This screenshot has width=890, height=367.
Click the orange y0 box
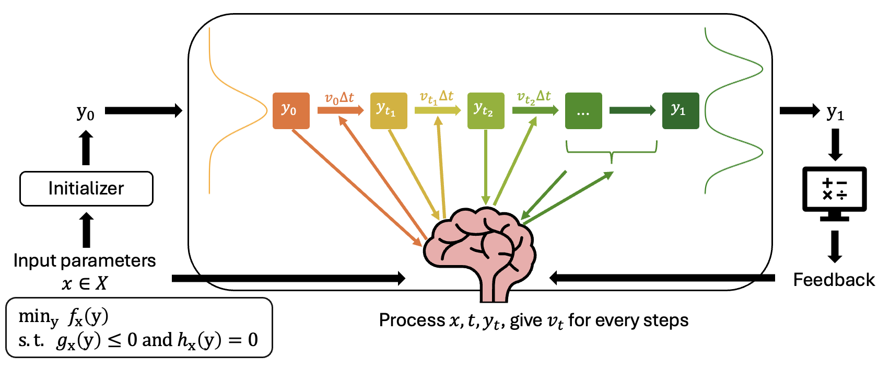tap(291, 110)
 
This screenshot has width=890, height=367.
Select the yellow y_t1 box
tap(388, 110)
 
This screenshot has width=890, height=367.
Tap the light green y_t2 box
tap(485, 110)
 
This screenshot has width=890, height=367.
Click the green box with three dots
tap(583, 111)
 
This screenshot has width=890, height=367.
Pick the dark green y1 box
tap(680, 110)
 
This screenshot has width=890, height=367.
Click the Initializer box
tap(86, 188)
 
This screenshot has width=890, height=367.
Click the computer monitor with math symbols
tap(834, 191)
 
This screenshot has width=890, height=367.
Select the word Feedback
tap(834, 280)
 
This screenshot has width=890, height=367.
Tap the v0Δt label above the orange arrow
tap(339, 98)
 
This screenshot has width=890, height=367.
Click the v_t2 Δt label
tap(533, 97)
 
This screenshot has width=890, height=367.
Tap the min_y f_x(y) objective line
tap(63, 317)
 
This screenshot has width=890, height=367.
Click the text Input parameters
tap(85, 260)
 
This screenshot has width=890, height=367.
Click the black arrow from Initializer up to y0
tap(86, 148)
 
